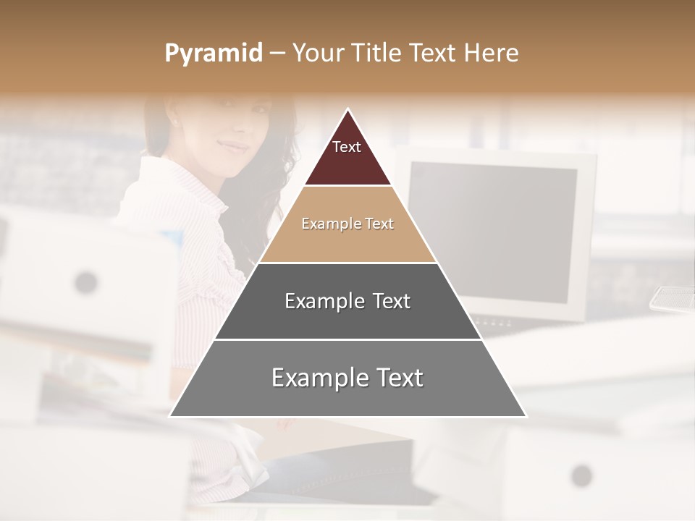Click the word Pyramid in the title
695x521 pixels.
[213, 54]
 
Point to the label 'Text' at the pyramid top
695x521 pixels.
[346, 147]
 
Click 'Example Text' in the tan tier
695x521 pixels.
[347, 224]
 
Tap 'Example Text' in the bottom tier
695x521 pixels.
[347, 377]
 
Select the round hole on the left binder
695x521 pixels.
[86, 281]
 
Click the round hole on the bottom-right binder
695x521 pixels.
[581, 475]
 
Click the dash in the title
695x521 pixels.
[277, 54]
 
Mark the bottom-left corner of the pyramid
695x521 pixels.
[170, 416]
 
